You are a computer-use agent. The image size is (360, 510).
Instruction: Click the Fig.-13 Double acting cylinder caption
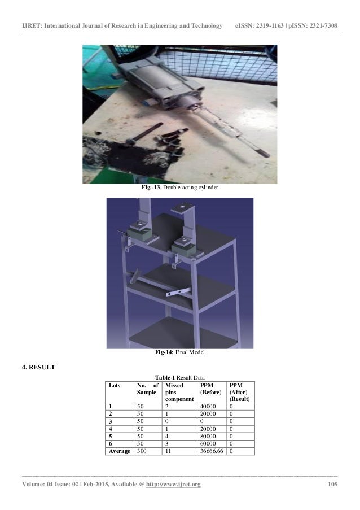point(180,188)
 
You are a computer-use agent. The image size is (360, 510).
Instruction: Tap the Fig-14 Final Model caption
point(180,352)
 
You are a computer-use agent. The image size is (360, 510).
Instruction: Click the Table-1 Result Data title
point(181,377)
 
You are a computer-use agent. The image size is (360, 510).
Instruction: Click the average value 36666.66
point(212,451)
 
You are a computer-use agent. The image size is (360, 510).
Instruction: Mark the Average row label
point(120,451)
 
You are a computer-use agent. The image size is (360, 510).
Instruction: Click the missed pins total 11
point(169,451)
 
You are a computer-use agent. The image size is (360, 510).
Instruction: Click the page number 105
point(332,485)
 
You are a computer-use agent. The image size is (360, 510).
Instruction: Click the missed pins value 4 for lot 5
point(167,435)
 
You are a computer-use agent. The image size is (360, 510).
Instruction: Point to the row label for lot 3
point(111,421)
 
